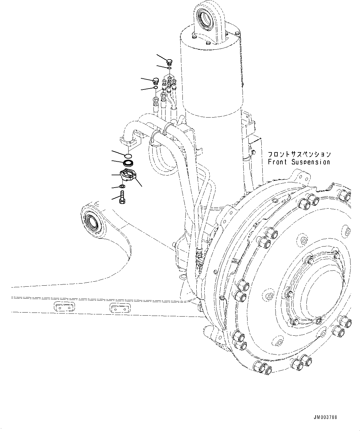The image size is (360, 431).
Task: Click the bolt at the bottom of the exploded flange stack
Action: pos(122,198)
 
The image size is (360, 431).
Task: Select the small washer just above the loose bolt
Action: pos(122,186)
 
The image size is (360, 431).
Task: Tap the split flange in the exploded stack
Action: pos(127,175)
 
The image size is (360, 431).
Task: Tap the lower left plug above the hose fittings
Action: pos(156,81)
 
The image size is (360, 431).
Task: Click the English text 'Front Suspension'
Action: pos(299,162)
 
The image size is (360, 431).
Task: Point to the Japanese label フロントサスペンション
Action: pos(299,154)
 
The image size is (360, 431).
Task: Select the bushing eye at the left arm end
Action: pos(92,222)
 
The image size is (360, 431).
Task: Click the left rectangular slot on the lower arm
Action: pos(64,308)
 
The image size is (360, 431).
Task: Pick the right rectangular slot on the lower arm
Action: pos(120,308)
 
